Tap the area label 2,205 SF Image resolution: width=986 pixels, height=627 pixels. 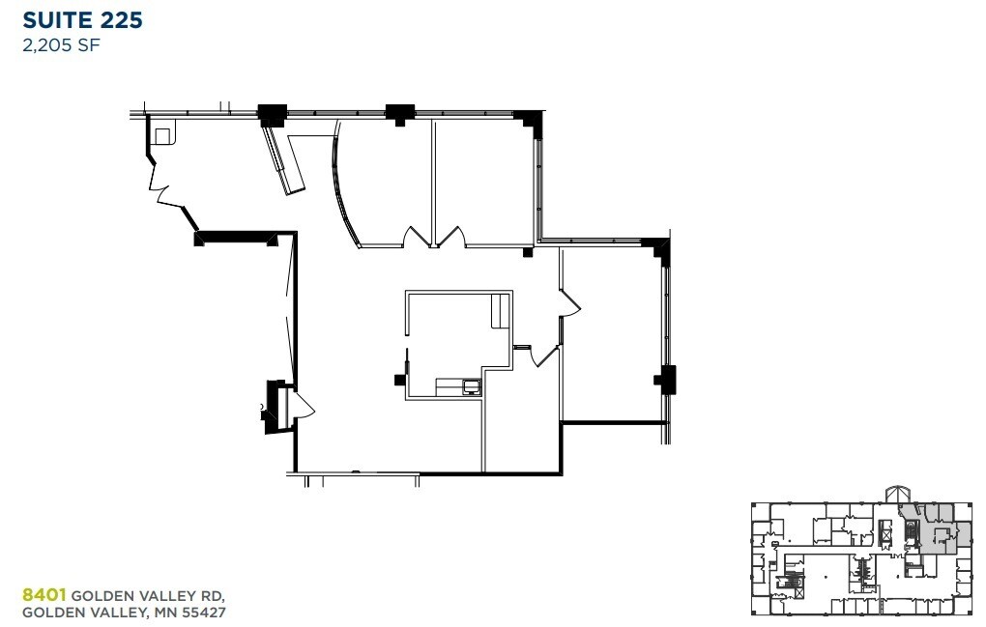click(x=63, y=43)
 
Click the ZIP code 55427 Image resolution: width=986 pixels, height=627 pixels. click(x=205, y=612)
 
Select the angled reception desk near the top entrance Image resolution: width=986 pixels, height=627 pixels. click(x=283, y=161)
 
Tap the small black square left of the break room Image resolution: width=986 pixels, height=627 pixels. click(x=398, y=380)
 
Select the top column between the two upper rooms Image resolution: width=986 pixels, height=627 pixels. click(x=399, y=112)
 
